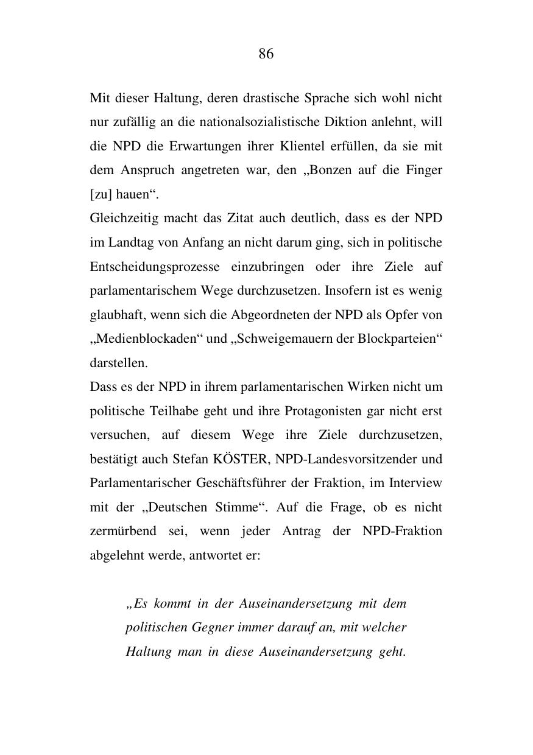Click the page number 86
pyautogui.click(x=266, y=54)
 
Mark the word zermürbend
pyautogui.click(x=121, y=531)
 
